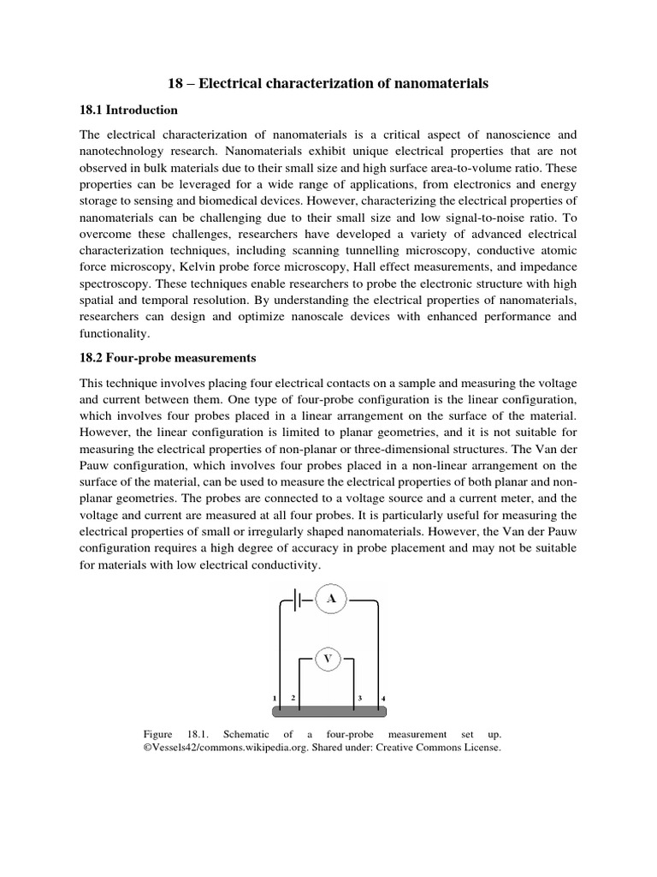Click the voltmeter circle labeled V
coord(328,659)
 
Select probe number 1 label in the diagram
coord(275,699)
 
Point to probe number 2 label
coord(293,698)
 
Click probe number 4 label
coord(383,699)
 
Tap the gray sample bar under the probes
coord(328,710)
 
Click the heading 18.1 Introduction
coord(128,110)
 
